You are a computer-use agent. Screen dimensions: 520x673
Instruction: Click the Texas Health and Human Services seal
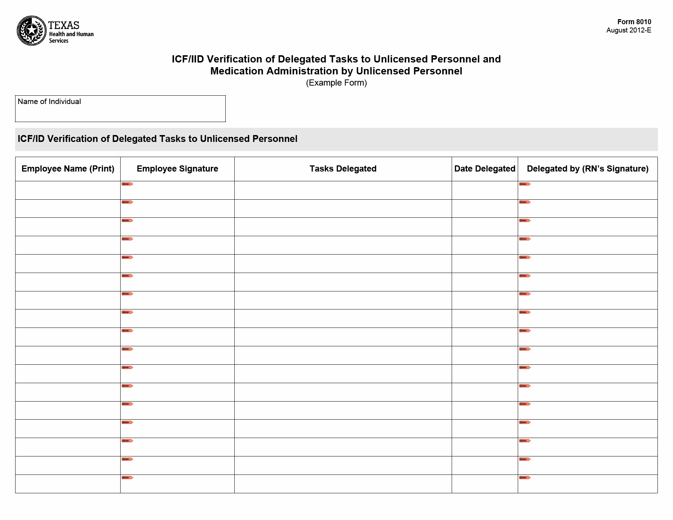(x=32, y=31)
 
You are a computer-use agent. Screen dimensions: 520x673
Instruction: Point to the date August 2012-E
(x=629, y=30)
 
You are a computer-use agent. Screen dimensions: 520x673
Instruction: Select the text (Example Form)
(x=336, y=83)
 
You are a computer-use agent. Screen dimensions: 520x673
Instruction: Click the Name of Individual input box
(x=120, y=112)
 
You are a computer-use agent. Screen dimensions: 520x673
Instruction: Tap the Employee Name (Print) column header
(x=68, y=169)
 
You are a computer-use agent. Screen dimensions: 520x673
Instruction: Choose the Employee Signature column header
(x=177, y=169)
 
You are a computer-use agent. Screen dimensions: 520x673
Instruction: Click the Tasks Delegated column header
(x=343, y=169)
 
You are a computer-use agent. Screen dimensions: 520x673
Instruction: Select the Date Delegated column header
(x=485, y=169)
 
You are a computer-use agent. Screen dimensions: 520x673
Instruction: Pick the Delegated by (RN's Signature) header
(x=587, y=169)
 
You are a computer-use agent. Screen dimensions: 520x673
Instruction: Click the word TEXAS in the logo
(x=64, y=25)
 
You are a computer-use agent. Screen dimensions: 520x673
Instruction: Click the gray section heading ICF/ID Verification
(x=157, y=139)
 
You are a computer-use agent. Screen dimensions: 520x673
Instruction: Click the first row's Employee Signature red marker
(x=127, y=184)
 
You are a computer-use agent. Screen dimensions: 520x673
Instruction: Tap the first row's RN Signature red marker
(x=525, y=184)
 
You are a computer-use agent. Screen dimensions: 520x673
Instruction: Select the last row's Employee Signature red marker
(x=127, y=478)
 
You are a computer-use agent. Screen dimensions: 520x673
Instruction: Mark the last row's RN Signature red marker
(x=525, y=478)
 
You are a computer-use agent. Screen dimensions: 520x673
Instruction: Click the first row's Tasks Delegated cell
(x=343, y=190)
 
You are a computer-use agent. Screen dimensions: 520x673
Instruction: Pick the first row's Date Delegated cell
(x=485, y=190)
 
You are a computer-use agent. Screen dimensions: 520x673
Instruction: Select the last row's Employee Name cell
(x=68, y=484)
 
